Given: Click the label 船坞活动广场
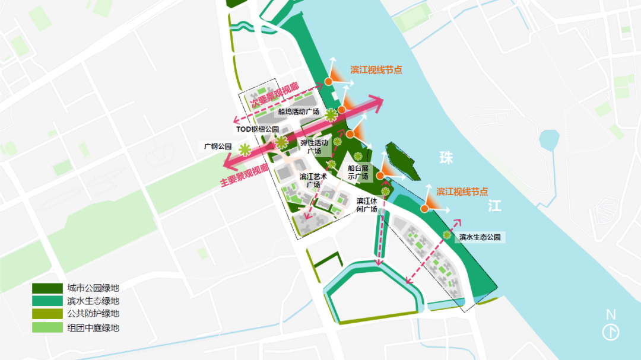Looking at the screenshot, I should pos(299,111).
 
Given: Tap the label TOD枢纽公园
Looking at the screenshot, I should pos(257,129).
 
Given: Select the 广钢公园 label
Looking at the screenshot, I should pos(217,146).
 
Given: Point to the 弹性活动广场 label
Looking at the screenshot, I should pos(314,146).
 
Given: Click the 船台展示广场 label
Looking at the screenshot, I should pos(358,172).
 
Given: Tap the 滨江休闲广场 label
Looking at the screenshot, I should pos(367,205).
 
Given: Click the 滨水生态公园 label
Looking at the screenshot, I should pos(480,237).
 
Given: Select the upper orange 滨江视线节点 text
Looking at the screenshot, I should pos(376,69).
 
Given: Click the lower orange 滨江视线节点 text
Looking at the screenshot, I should pos(462,192).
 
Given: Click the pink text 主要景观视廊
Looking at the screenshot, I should pos(245,176).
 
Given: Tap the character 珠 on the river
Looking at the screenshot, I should pos(446,158).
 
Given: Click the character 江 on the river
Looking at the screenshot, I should pos(494,206).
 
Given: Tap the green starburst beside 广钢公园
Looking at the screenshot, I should pos(243,147).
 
